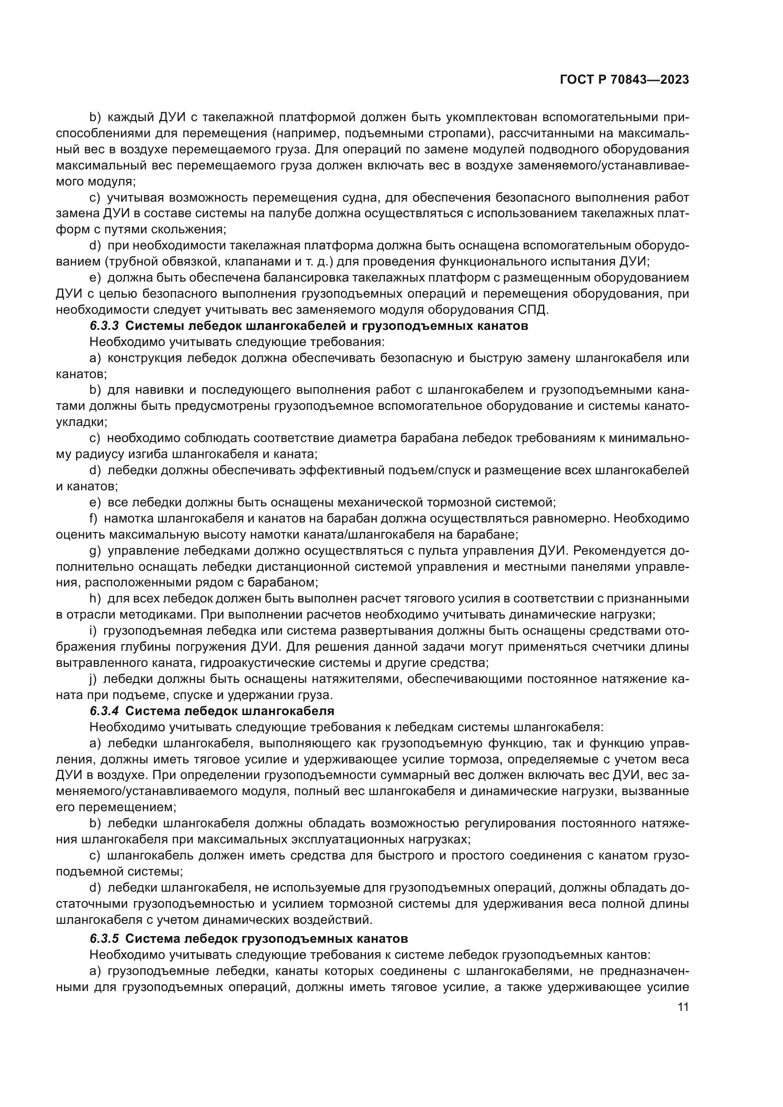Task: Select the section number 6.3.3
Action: pyautogui.click(x=104, y=326)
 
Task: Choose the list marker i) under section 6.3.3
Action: pyautogui.click(x=94, y=631)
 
